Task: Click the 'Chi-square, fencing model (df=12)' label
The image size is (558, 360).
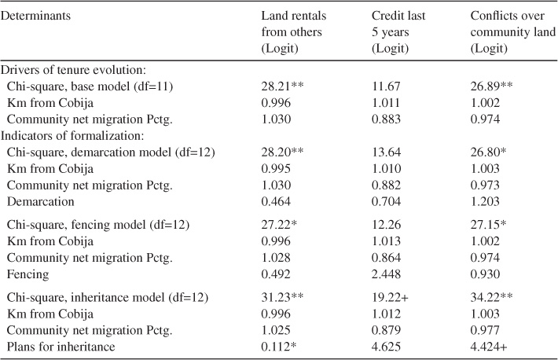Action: point(97,226)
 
